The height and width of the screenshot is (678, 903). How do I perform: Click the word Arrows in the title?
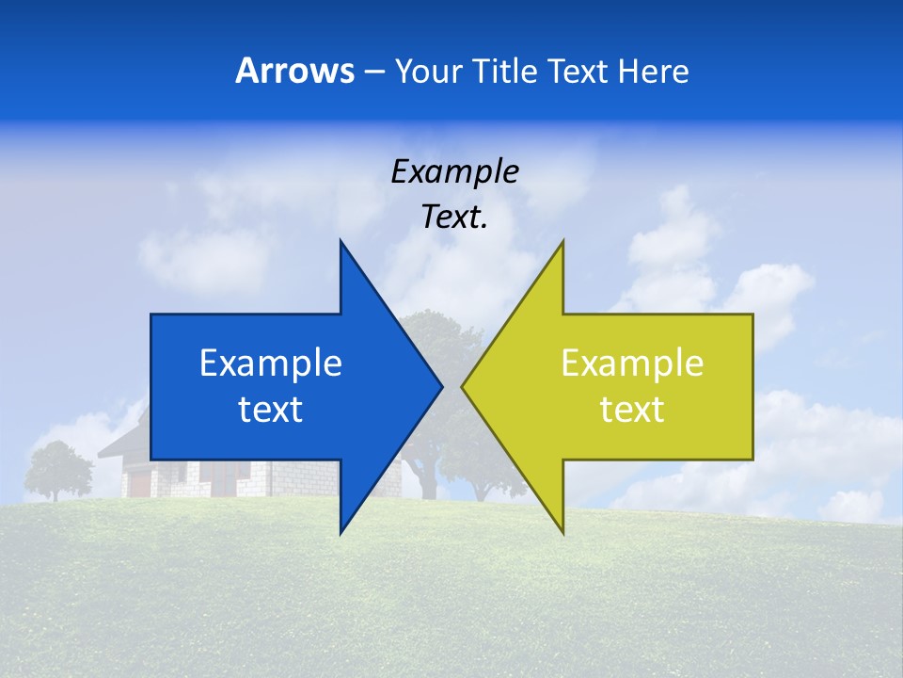[x=294, y=71]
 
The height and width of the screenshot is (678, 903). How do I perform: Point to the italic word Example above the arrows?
[x=454, y=171]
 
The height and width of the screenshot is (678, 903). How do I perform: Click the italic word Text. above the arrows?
[x=454, y=218]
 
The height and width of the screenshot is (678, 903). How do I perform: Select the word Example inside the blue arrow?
[x=271, y=363]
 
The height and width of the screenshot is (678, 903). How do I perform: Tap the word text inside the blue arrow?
[x=271, y=409]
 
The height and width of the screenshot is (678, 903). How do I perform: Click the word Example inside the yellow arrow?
[x=632, y=363]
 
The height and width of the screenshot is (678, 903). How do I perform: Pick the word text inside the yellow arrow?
[x=632, y=409]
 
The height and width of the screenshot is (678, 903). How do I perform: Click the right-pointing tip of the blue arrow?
[x=441, y=386]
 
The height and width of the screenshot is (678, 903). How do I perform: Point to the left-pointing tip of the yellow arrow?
[x=463, y=386]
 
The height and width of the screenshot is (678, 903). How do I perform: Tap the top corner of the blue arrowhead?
[x=341, y=242]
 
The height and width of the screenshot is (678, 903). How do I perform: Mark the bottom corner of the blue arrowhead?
[x=341, y=533]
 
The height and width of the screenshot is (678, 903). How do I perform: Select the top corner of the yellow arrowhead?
[x=562, y=242]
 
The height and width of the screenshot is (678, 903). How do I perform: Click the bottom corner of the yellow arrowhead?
[x=562, y=533]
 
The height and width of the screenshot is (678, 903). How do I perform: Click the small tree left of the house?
[x=58, y=467]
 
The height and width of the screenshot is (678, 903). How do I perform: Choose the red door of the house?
[x=139, y=483]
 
